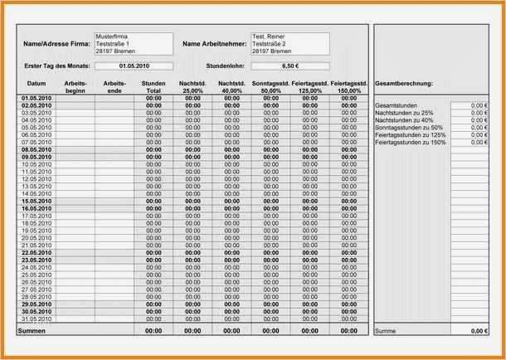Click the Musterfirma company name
(x=112, y=36)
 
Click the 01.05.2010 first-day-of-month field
(x=134, y=66)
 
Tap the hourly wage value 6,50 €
(x=290, y=66)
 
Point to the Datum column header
(x=36, y=84)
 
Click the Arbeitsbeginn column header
(x=75, y=87)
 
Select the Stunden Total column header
(x=153, y=87)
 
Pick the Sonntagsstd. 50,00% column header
(x=270, y=87)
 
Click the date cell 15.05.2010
(x=36, y=201)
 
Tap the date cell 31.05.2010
(x=36, y=319)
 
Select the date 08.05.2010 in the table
(x=36, y=149)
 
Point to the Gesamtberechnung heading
(x=404, y=84)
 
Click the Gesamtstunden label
(x=395, y=105)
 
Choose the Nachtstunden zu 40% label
(x=404, y=120)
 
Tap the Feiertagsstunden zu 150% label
(x=410, y=143)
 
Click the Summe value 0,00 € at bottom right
(x=478, y=331)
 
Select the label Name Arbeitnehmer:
(x=212, y=43)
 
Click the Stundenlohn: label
(x=224, y=66)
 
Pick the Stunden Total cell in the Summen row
(x=153, y=331)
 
